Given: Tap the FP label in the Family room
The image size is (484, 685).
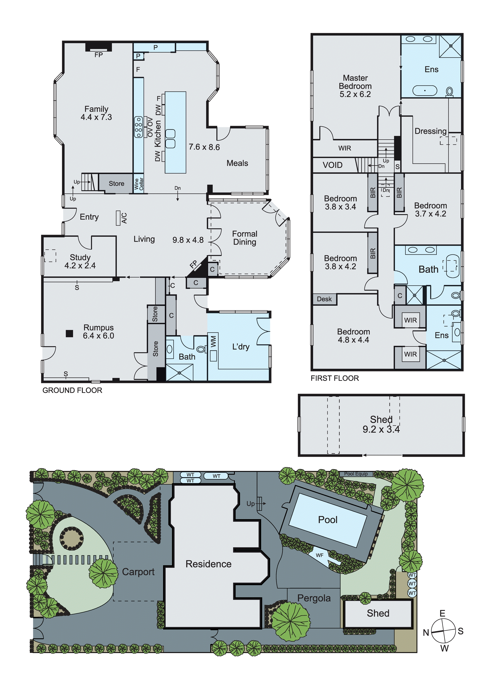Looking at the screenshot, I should tap(98, 55).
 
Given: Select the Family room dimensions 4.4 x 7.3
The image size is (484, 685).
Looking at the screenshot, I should tap(96, 117).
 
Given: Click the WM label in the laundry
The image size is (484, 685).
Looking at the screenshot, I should tap(213, 342).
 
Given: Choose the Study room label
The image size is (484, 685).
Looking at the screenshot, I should tap(80, 257).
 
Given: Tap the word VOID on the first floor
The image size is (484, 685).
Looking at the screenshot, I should tap(332, 165).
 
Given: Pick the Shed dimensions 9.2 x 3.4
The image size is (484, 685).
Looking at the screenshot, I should tap(381, 429).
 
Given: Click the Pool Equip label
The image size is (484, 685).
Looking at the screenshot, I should tap(356, 474).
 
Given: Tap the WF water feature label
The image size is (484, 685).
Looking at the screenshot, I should tap(320, 556).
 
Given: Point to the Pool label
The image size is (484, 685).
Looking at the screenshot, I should tap(328, 520).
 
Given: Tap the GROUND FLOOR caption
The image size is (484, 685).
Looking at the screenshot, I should tap(72, 390).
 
